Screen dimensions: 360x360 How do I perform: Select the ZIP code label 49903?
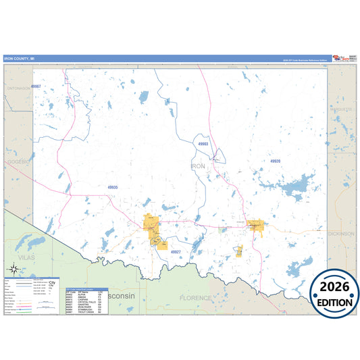203,144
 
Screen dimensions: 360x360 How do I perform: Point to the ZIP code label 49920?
275,161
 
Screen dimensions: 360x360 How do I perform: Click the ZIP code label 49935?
112,187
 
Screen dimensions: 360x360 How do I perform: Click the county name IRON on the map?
198,165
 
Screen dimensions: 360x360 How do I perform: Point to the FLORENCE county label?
195,297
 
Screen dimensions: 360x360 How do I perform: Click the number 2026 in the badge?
334,287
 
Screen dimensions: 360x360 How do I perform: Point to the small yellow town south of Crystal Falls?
238,251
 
